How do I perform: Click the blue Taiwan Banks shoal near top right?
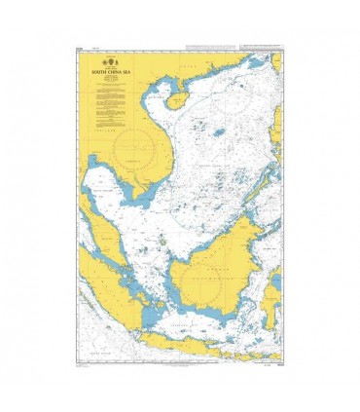[259, 62]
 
